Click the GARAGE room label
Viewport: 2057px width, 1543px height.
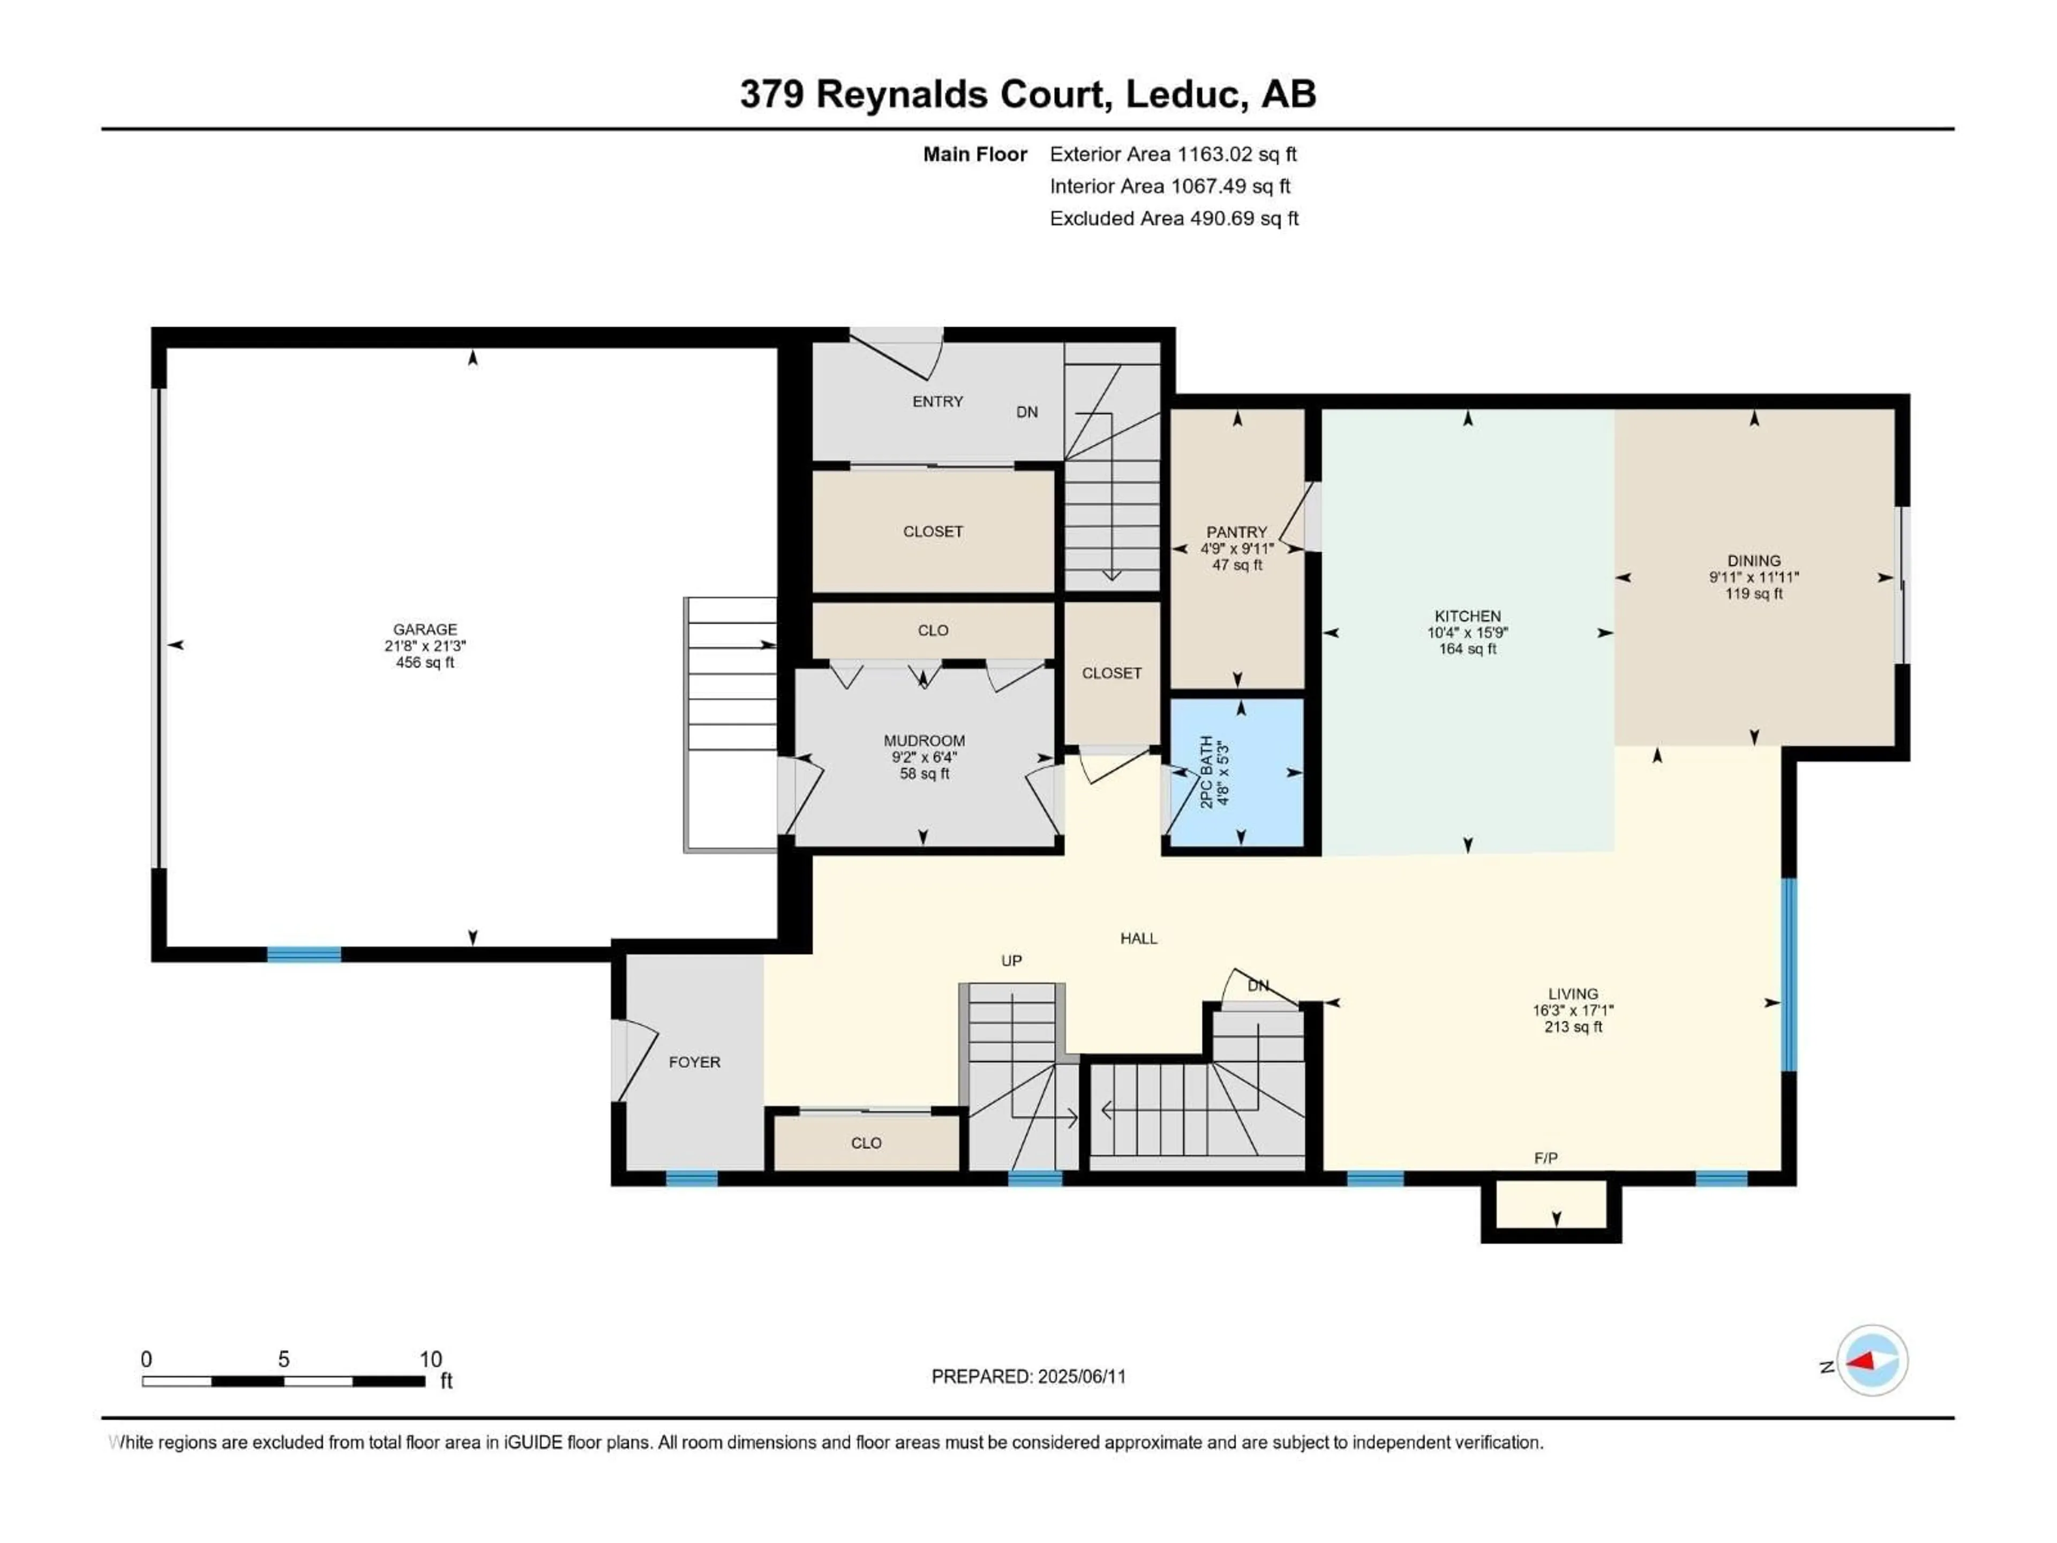(x=424, y=630)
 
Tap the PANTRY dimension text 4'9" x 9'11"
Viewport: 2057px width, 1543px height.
(x=1237, y=549)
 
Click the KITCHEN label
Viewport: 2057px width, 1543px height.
(x=1467, y=616)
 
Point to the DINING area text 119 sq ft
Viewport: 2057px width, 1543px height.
(x=1754, y=594)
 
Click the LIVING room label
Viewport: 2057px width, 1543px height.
(x=1573, y=993)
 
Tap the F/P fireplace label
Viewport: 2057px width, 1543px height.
(x=1545, y=1158)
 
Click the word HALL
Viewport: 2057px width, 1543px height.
(x=1138, y=939)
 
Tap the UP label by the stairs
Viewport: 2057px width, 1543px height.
(x=1011, y=961)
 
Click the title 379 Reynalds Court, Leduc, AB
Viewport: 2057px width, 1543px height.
(x=1027, y=94)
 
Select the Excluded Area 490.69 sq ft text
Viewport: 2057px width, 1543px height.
(x=1174, y=219)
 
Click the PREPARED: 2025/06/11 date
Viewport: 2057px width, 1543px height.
(x=1028, y=1376)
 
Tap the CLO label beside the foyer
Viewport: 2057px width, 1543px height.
(x=866, y=1143)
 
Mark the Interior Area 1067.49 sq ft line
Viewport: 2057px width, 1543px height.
(x=1170, y=186)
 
